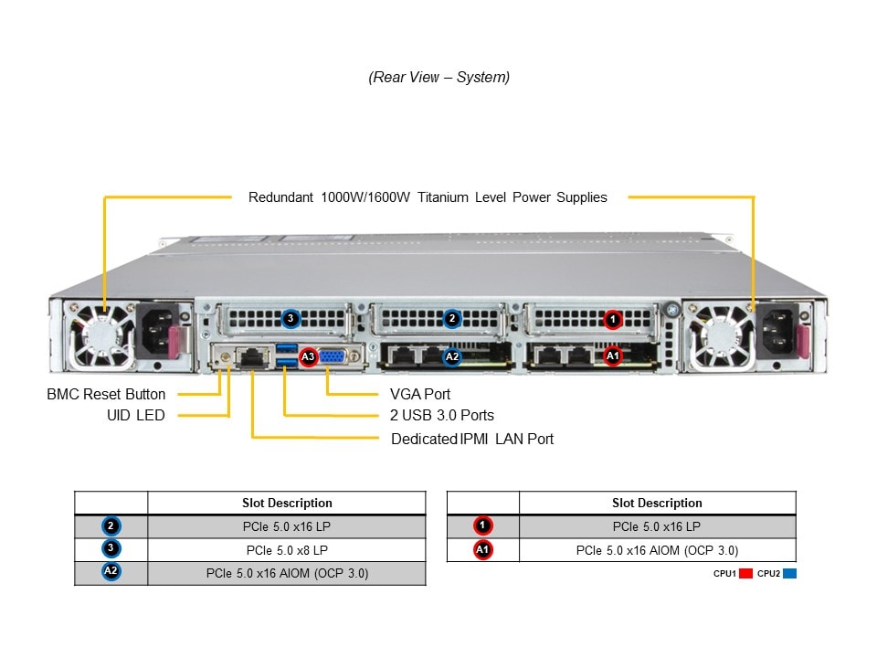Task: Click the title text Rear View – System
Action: [x=438, y=78]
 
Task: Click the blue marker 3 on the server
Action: [x=291, y=319]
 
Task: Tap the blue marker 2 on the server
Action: [x=451, y=319]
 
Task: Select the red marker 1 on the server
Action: [x=613, y=319]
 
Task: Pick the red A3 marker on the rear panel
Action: [x=308, y=356]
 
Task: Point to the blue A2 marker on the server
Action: [x=451, y=356]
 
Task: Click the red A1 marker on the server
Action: [x=613, y=356]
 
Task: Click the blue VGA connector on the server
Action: [x=334, y=356]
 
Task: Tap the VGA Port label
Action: [x=420, y=395]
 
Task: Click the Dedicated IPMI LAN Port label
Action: [x=472, y=439]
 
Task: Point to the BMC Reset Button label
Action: [x=106, y=395]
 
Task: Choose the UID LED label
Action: [x=135, y=416]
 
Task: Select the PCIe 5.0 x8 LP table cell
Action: [x=287, y=550]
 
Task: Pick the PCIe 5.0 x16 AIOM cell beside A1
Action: [x=657, y=550]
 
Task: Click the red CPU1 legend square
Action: [x=745, y=574]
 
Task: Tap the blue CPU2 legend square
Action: [x=789, y=574]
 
